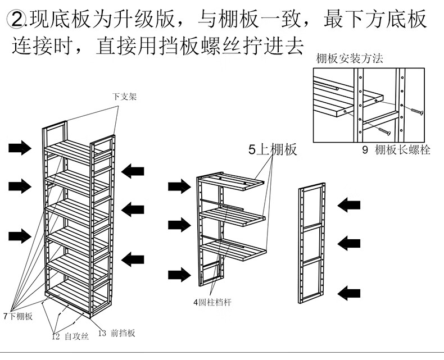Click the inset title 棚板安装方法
pos(348,58)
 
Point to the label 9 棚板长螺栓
pos(396,150)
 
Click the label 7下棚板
pos(18,316)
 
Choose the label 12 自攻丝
pos(70,336)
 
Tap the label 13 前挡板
pos(116,332)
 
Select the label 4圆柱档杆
pos(212,303)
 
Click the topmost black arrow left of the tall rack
pos(20,148)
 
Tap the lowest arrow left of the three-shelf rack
pos(179,275)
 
